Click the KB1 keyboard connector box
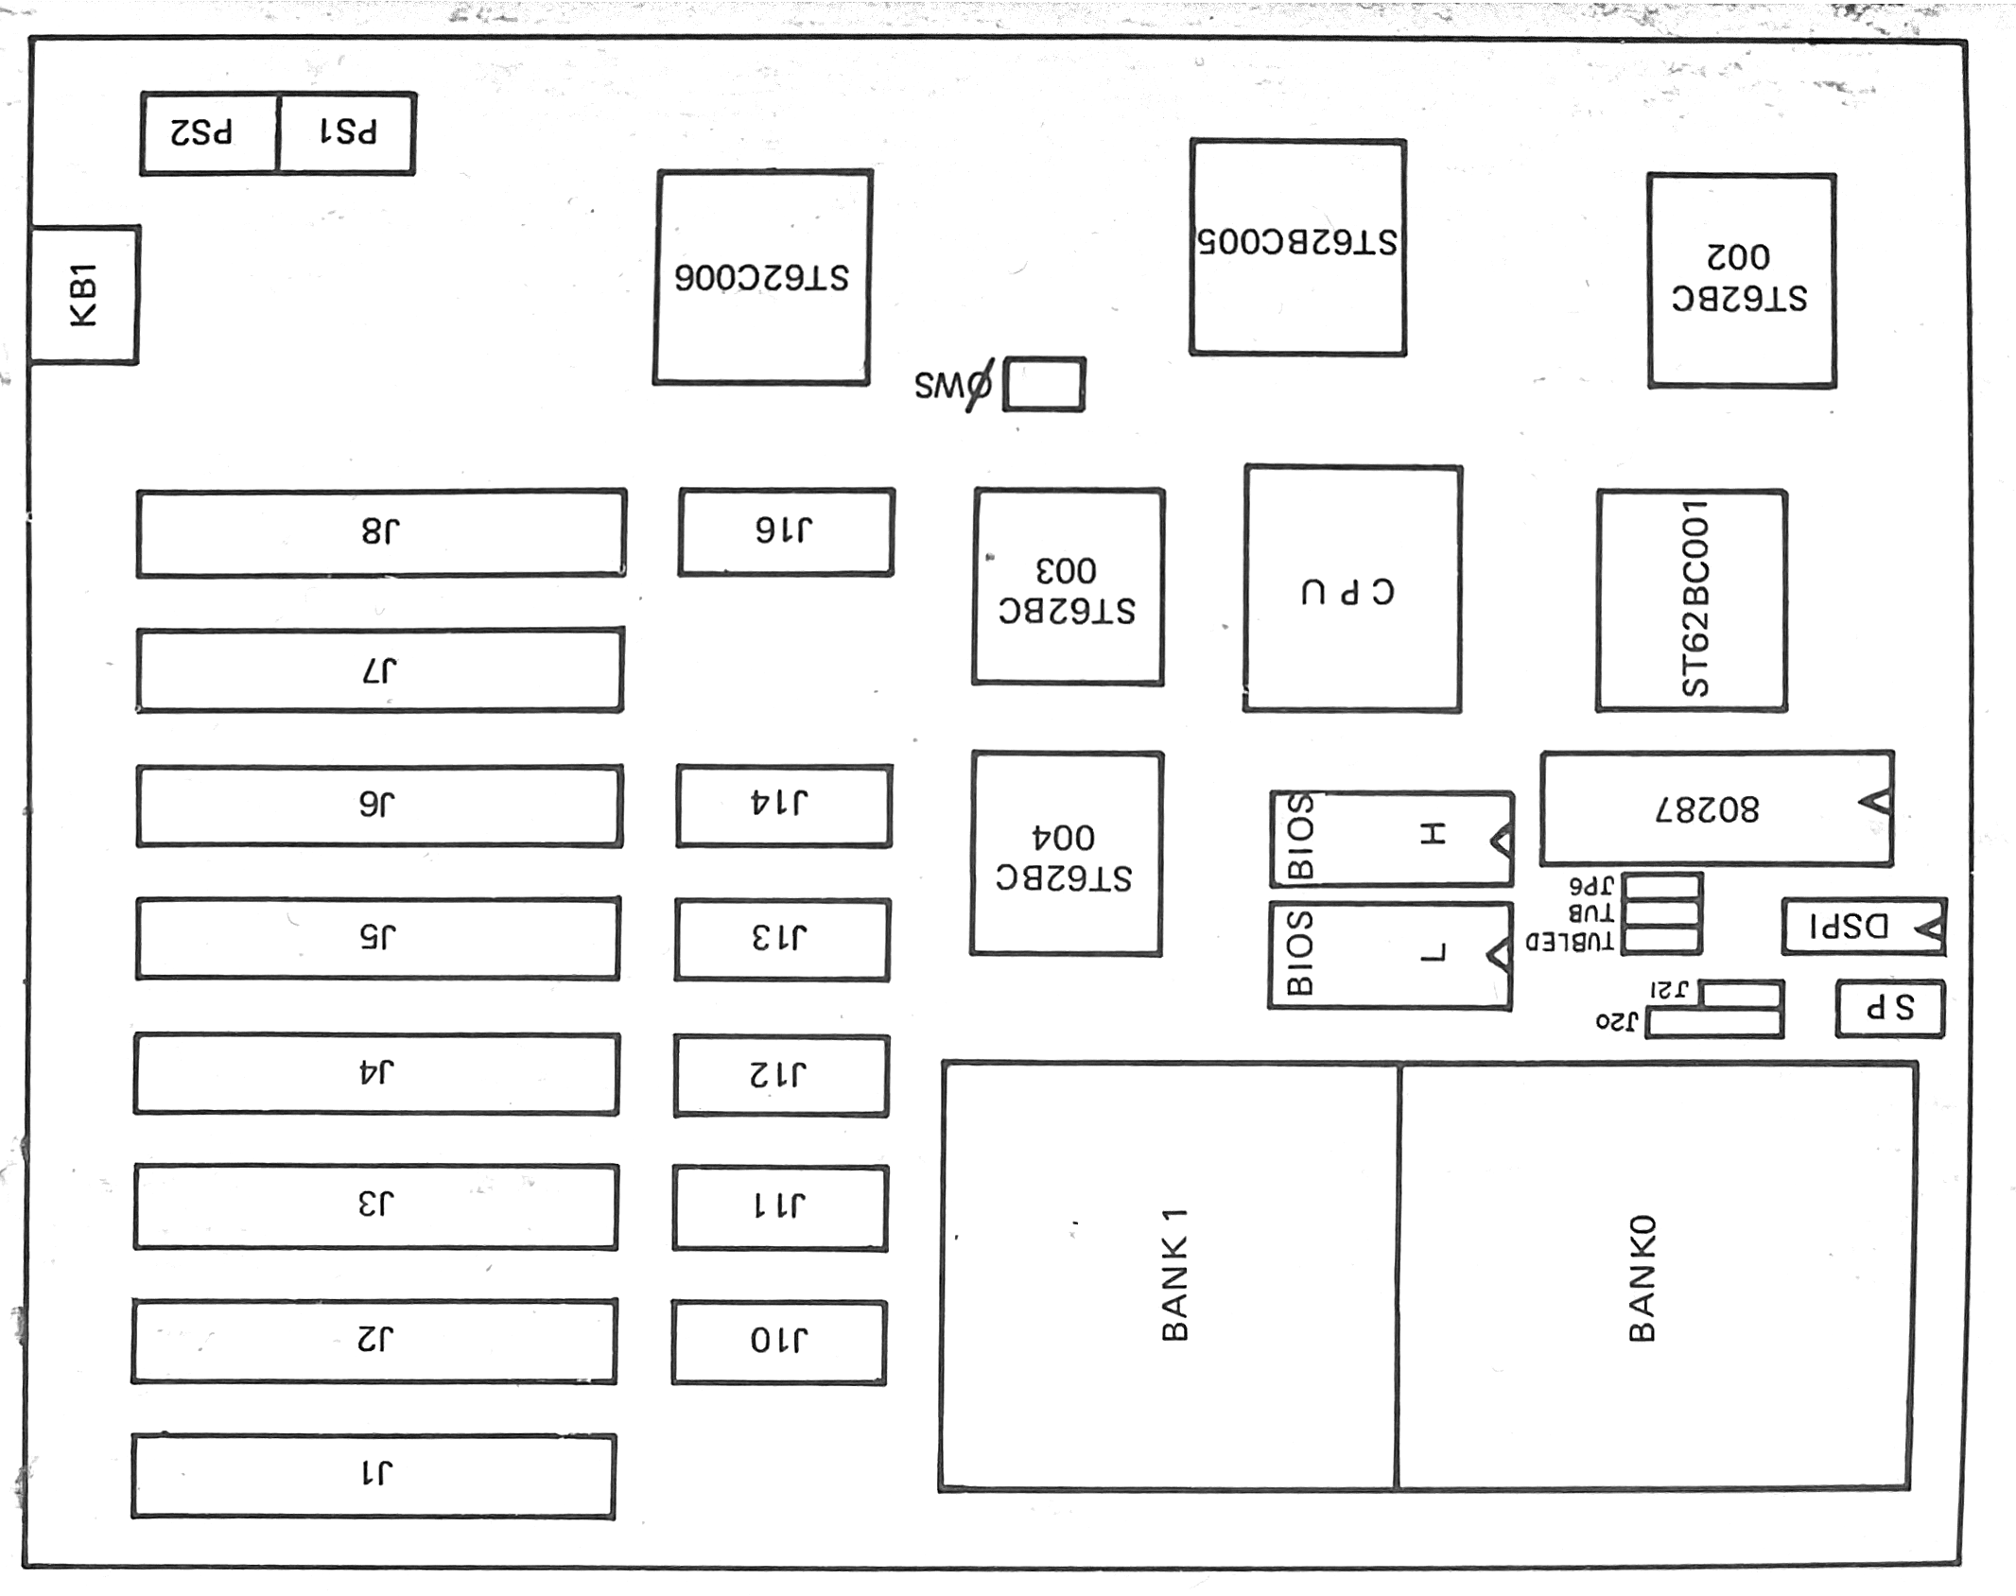click(84, 294)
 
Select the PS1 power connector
click(347, 133)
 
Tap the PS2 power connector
click(209, 133)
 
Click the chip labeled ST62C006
click(762, 277)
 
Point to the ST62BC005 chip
click(1297, 247)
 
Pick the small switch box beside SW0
click(1043, 384)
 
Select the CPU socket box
click(1352, 588)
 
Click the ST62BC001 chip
click(1692, 600)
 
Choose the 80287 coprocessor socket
click(1716, 808)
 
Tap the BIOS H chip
click(1391, 839)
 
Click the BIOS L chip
click(1390, 955)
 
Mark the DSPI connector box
click(1864, 926)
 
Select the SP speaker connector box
click(1890, 1009)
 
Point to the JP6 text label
click(1590, 887)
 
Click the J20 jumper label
click(1615, 1022)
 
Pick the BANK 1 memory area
click(1170, 1275)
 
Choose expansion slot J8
click(381, 532)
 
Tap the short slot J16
click(786, 531)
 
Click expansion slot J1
click(374, 1476)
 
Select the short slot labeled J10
click(779, 1342)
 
